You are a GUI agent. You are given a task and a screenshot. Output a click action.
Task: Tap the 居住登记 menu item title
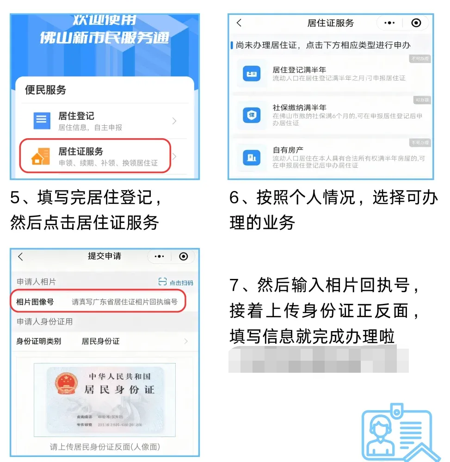coord(76,116)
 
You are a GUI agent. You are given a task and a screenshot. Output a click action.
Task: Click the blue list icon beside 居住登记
coord(42,121)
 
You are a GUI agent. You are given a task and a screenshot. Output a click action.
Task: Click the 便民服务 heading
coord(45,90)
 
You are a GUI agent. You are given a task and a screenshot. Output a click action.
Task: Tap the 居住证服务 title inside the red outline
coord(80,151)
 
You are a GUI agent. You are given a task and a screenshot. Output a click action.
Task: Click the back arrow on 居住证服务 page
coord(239,23)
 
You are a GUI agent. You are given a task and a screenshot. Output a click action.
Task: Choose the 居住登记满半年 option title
coord(299,70)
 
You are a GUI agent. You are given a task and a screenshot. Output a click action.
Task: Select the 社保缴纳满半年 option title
coord(299,108)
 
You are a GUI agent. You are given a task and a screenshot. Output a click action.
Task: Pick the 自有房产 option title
coord(288,150)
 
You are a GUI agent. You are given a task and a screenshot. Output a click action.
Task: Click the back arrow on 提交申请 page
coord(20,257)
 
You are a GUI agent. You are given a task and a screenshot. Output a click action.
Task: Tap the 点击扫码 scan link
coord(176,283)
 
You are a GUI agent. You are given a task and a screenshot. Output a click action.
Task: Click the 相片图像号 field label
coord(35,302)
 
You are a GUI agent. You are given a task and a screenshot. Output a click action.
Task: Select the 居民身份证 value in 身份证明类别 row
coord(100,341)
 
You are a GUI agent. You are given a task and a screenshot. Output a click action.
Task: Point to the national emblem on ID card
coord(66,384)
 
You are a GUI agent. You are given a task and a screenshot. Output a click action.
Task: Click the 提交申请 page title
coord(105,256)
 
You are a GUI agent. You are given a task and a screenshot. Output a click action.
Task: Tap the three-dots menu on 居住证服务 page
coord(389,23)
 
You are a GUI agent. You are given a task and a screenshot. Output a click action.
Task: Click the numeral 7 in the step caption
coord(235,286)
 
